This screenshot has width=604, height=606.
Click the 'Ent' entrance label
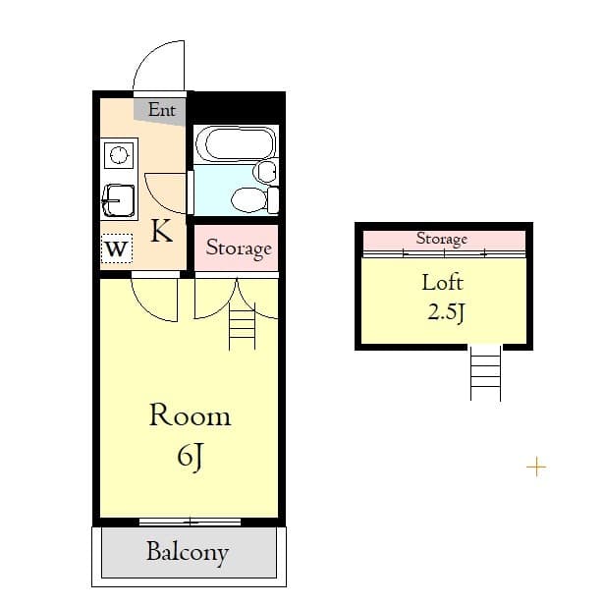coord(162,110)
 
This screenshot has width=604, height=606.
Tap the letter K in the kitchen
coord(161,232)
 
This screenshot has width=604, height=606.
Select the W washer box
coord(116,248)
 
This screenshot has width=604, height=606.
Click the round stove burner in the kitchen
coord(119,155)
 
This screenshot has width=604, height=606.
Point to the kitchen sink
coord(119,200)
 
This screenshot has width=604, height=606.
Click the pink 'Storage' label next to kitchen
coord(238,248)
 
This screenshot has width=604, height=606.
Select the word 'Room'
coord(190,415)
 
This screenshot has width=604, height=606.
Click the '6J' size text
coord(190,456)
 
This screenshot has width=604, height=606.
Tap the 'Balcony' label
coord(188,552)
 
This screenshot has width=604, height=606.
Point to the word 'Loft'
coord(442,283)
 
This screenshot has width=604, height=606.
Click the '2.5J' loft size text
coord(444,313)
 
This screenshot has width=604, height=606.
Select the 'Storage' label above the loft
coord(441,239)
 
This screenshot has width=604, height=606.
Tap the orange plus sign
coord(536,467)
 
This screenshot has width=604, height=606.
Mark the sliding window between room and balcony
coord(190,521)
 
